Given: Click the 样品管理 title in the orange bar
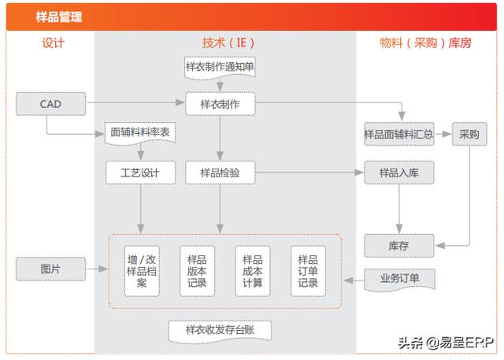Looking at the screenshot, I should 59,17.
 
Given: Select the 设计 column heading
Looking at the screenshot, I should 54,43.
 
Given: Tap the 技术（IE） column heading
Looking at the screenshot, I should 228,43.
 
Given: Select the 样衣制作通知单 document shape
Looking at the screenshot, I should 220,68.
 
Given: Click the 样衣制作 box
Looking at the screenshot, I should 220,103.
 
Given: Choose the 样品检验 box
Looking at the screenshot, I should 220,172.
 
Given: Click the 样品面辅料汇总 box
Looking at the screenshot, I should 398,134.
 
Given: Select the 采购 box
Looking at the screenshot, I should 469,134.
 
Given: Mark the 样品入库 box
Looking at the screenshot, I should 398,172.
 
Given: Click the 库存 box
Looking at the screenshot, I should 398,245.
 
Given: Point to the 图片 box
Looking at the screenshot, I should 50,269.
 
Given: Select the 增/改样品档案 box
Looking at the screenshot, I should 143,269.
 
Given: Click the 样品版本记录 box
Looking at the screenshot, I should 198,269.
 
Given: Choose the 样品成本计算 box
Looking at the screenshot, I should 252,269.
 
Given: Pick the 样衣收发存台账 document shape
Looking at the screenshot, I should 220,329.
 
